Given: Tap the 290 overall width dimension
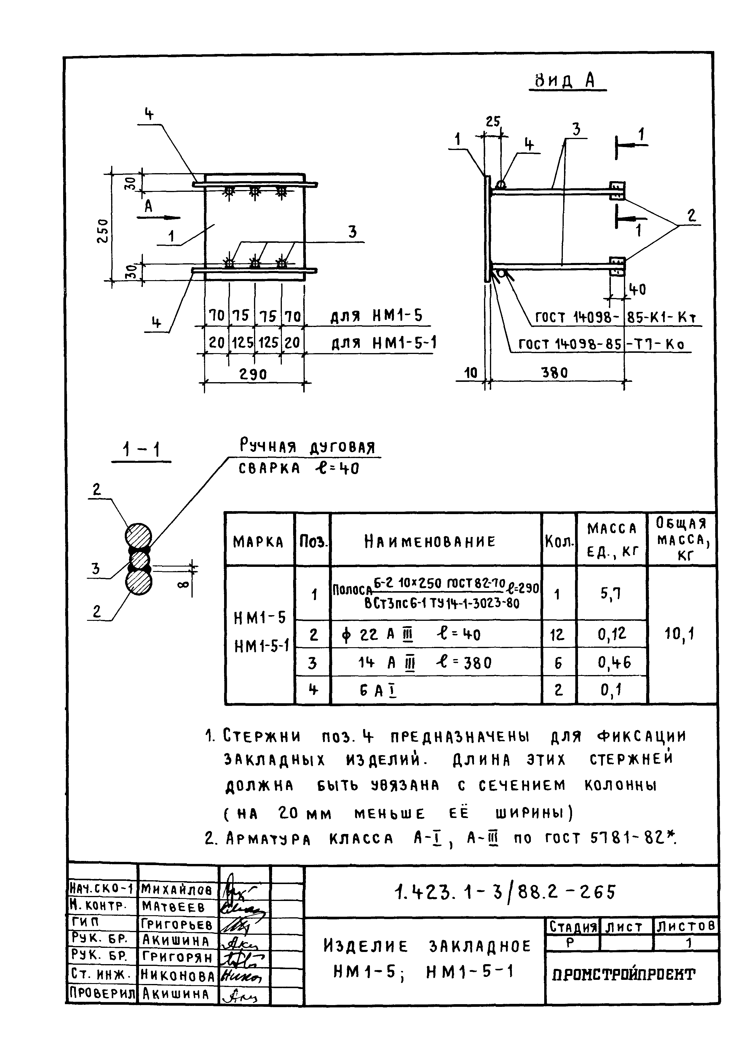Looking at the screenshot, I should pos(253,374).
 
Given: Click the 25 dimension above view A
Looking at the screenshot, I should pos(493,122).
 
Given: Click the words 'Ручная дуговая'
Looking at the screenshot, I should pos(307,447).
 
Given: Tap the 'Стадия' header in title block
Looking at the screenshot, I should pos(571,926).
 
